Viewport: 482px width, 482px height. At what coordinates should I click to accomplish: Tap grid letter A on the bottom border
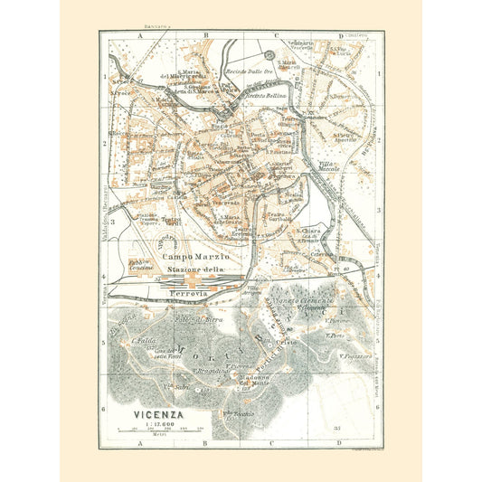click(140, 443)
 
